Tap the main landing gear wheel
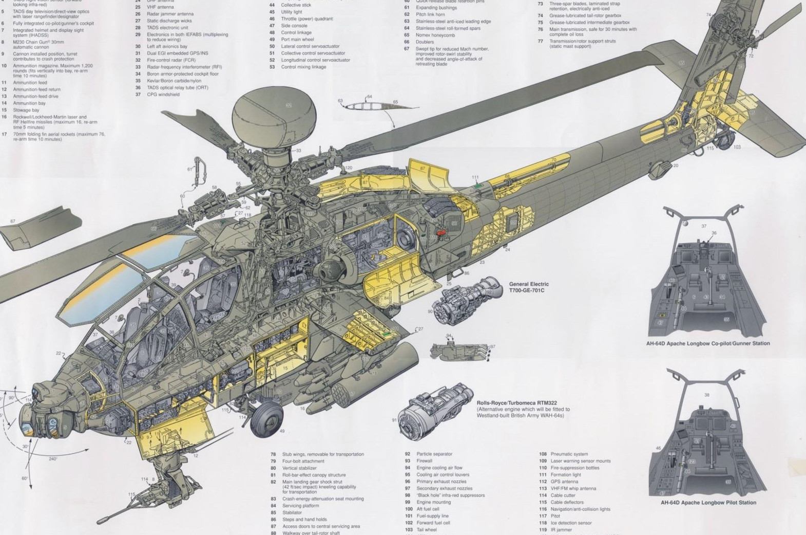[x=266, y=415]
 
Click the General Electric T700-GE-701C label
[x=528, y=287]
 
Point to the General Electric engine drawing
[x=465, y=301]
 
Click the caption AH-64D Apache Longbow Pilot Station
[x=708, y=503]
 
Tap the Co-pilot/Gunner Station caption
[x=708, y=343]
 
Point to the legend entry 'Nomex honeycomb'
[x=435, y=35]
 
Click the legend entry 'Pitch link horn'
[x=430, y=14]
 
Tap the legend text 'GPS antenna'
[x=564, y=482]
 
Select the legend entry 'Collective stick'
[x=296, y=5]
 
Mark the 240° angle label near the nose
[x=53, y=459]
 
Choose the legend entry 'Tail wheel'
[x=427, y=530]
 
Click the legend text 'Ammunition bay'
[x=29, y=103]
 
